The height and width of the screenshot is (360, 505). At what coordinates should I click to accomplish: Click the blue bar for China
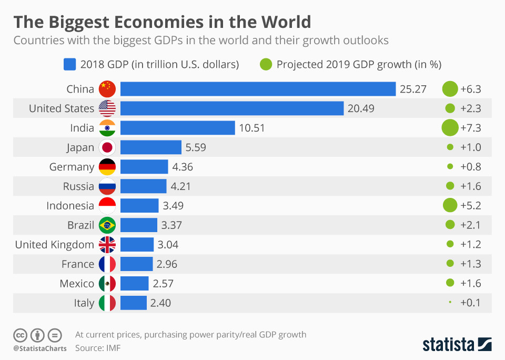pos(258,89)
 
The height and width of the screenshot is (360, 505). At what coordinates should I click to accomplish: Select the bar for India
pos(177,128)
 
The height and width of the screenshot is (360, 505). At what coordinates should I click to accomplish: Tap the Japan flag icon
pos(107,147)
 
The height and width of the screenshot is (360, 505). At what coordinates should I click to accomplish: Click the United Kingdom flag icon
pos(107,244)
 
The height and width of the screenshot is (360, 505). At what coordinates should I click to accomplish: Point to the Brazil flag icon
pos(107,225)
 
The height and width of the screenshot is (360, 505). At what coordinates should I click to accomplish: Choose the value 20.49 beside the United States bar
pos(360,108)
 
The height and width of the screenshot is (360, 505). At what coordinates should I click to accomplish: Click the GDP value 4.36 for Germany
pos(183,167)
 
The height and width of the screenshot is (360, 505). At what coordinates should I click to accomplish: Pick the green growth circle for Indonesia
pos(450,205)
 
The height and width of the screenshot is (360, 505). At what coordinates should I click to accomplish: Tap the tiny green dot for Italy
pos(450,302)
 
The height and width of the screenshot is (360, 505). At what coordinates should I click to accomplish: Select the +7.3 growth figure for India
pos(470,128)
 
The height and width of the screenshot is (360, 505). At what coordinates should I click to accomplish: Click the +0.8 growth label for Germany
pos(470,167)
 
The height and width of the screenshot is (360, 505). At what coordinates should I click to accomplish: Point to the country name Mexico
pos(77,283)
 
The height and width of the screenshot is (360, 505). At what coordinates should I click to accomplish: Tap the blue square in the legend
pos(70,64)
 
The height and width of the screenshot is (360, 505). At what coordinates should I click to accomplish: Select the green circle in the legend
pos(266,64)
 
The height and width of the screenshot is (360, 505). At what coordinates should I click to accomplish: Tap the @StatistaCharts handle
pos(40,348)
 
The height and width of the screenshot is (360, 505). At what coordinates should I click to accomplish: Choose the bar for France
pos(136,264)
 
